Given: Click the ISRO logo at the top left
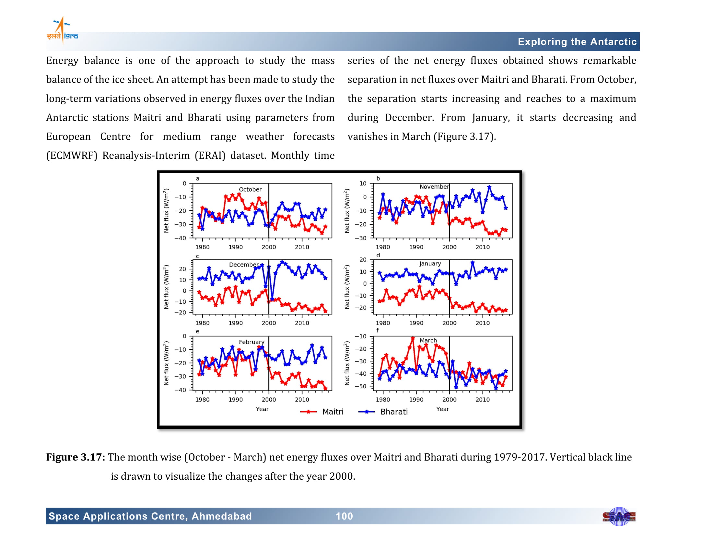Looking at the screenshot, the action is tap(62, 30).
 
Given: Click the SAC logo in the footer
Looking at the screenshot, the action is tap(619, 516).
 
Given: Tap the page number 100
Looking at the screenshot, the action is tap(345, 516).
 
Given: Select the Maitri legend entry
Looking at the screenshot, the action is tap(321, 412).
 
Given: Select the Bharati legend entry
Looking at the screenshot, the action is tap(383, 412).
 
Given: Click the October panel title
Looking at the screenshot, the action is tap(250, 189).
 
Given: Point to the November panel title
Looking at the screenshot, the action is tap(434, 187).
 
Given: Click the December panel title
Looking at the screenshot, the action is tap(244, 264).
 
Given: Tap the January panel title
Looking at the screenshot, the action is tap(430, 264).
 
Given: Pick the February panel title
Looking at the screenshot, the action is tap(251, 342).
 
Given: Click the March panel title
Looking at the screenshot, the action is tap(428, 340).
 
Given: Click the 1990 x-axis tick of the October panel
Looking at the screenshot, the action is tap(235, 247).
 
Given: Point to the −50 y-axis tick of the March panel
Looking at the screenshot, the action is tap(361, 386).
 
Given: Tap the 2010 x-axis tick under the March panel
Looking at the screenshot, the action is tap(482, 400).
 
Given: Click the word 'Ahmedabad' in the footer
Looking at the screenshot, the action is tap(222, 516).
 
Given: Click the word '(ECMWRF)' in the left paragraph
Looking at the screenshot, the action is tap(72, 155).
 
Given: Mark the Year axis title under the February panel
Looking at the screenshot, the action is tap(262, 409).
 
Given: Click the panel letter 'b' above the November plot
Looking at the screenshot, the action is tap(378, 178).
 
